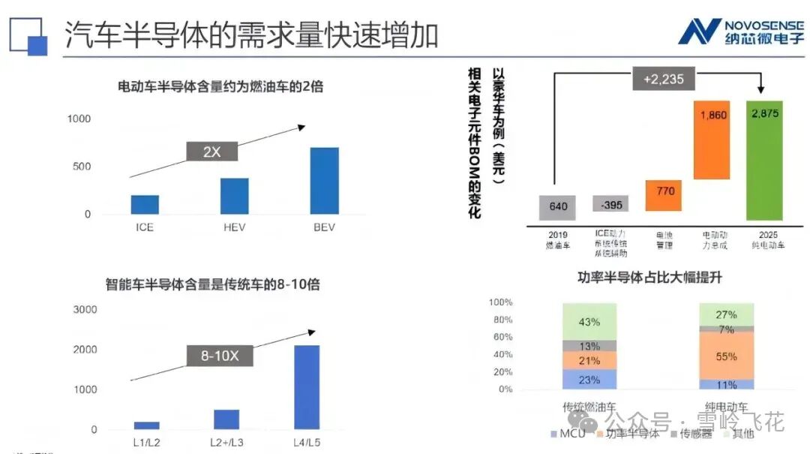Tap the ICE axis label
coord(145,227)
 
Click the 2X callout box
coord(212,151)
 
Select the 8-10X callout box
coord(219,356)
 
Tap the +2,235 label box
coord(663,79)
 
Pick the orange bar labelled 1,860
coord(713,140)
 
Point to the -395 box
coord(610,205)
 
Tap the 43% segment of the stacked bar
coord(589,322)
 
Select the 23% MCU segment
coord(589,380)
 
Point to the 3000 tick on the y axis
coord(85,309)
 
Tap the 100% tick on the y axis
coord(500,302)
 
